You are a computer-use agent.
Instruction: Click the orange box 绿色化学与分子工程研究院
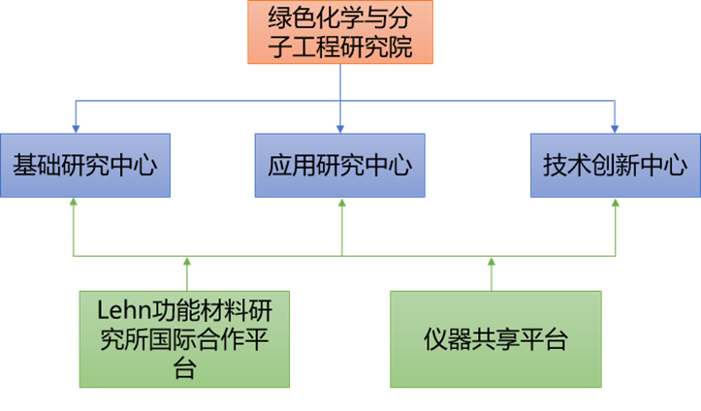click(338, 33)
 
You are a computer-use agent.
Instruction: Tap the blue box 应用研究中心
click(339, 165)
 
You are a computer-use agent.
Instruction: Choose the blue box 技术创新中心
click(615, 165)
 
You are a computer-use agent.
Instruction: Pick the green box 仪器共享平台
click(494, 340)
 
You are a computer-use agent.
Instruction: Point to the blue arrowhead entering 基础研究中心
click(75, 128)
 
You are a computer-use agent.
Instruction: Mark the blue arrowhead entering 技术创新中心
click(615, 128)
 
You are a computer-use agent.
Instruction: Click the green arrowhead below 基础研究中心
click(74, 205)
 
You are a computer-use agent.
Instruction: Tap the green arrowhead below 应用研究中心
click(341, 205)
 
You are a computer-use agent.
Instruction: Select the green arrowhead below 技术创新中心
click(615, 205)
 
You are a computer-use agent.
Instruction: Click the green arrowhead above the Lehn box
click(187, 262)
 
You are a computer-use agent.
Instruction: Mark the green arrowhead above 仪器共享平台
click(491, 262)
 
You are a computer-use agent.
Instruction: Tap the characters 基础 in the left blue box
click(36, 165)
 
